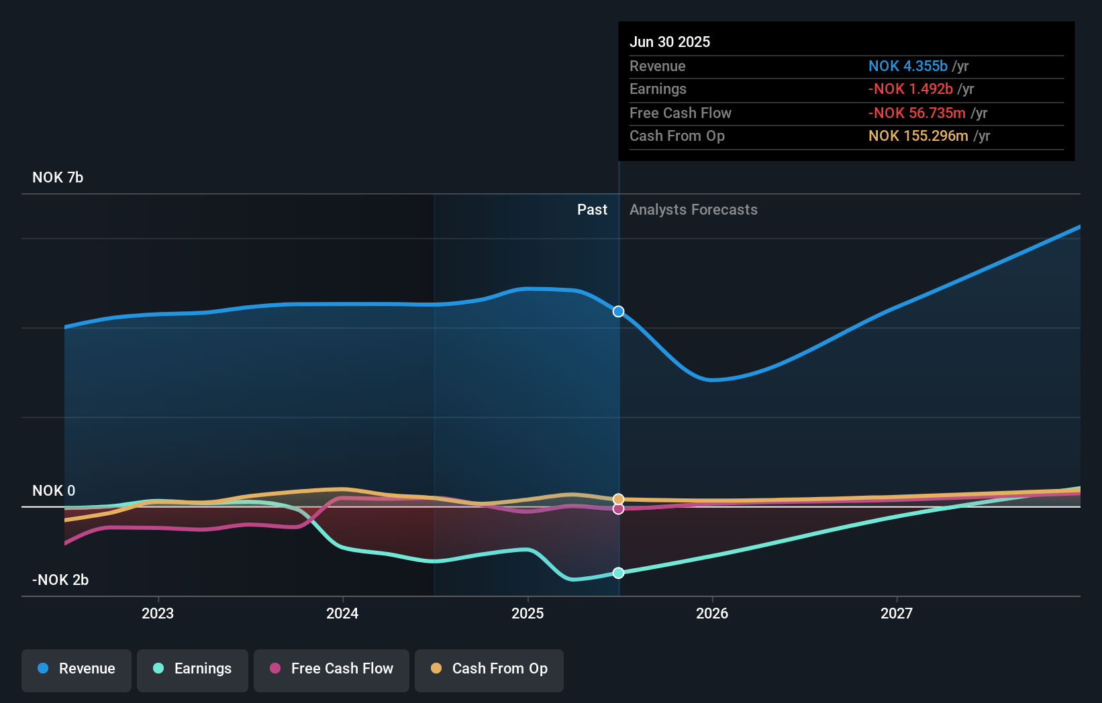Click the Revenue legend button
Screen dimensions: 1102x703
[77, 669]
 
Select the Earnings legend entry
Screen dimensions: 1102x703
[193, 669]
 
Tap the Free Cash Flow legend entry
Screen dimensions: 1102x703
[332, 669]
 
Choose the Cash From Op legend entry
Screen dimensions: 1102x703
[489, 669]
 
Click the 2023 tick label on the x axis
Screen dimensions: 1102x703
[158, 613]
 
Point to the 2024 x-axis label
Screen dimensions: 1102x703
[342, 613]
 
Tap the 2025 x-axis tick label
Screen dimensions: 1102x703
[528, 613]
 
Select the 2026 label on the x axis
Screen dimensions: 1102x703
[712, 613]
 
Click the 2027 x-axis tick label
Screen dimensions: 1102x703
[897, 613]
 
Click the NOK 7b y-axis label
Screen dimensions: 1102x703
[58, 178]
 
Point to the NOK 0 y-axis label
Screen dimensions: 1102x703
[54, 490]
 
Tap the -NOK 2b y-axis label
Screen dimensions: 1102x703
[60, 580]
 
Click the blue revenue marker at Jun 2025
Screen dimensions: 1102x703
[618, 311]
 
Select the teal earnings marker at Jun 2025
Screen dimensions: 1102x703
[618, 573]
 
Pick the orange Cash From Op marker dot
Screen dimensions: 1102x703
[618, 499]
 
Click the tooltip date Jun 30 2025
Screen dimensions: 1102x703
[669, 42]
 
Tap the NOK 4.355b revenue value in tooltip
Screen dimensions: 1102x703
[907, 66]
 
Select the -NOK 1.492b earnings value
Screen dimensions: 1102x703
[910, 89]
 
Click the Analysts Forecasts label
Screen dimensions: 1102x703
[693, 210]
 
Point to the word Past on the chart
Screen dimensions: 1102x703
[592, 210]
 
